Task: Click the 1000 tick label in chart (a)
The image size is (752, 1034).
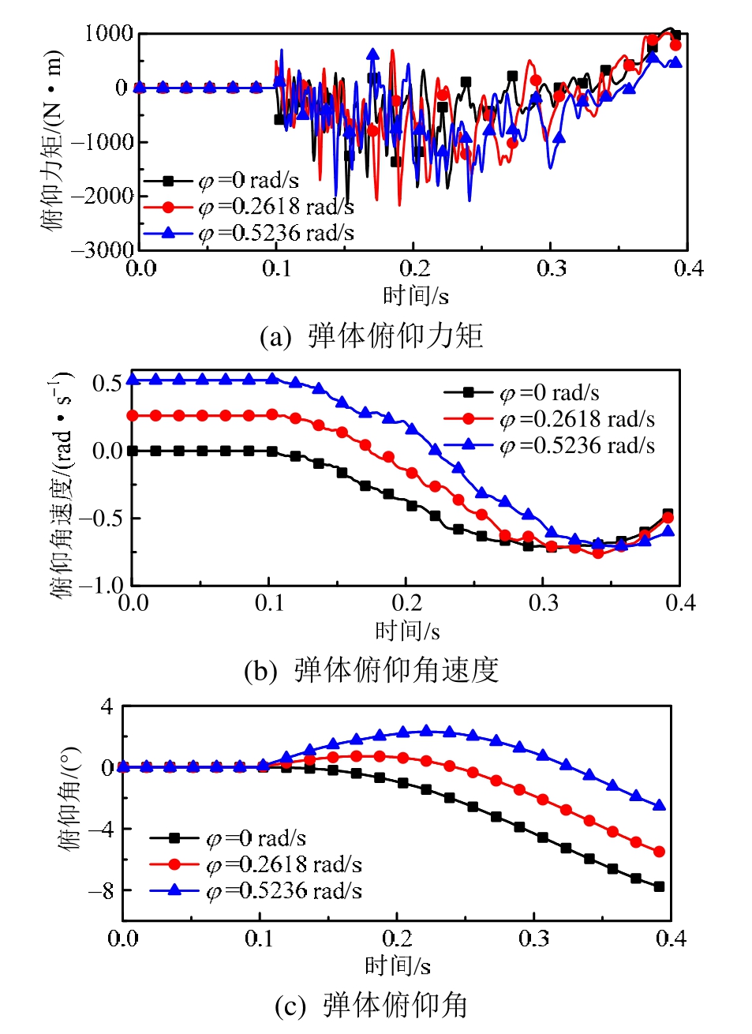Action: tap(109, 33)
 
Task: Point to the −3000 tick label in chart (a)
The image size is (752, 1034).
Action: tap(103, 250)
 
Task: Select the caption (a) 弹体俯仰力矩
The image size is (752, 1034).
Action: tap(371, 335)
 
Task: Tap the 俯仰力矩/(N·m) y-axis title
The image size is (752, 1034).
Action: tap(52, 140)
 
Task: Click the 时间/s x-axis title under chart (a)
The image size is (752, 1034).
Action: tap(415, 296)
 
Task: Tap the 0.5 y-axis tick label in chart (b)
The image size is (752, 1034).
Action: tap(107, 384)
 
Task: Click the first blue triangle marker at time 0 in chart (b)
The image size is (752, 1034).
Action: tap(133, 380)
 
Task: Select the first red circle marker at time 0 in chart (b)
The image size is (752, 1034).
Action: tap(133, 415)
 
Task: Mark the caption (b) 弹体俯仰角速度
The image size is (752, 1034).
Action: tap(371, 670)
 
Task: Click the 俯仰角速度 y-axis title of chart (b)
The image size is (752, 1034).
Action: tap(61, 484)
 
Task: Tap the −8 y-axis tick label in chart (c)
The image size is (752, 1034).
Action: tap(100, 890)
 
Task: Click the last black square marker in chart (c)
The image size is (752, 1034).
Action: tap(659, 886)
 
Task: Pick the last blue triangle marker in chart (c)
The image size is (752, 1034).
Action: tap(660, 805)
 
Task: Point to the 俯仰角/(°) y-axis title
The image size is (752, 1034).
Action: tap(69, 797)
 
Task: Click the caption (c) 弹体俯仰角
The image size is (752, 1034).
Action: tap(371, 1006)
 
